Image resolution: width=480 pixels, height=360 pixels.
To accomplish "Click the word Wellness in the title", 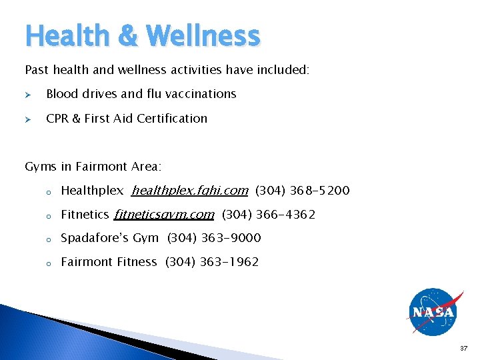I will click(202, 35).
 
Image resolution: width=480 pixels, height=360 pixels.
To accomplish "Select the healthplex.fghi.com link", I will click(190, 191).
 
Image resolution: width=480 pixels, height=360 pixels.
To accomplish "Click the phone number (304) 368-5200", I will click(302, 191).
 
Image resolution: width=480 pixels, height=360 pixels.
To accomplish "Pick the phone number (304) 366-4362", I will click(268, 215).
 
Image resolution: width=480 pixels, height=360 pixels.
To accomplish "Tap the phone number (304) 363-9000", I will click(214, 238).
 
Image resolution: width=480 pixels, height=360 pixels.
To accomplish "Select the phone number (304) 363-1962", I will click(212, 262).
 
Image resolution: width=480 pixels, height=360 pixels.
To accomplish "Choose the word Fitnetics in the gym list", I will click(85, 215).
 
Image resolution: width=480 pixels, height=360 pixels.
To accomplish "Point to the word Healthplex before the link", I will click(92, 191).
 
